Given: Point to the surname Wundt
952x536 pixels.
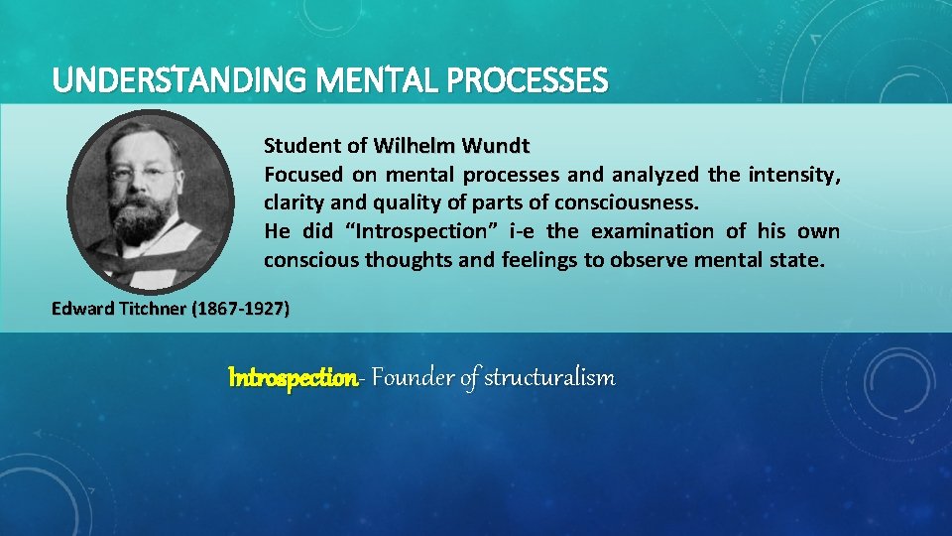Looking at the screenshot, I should coord(495,146).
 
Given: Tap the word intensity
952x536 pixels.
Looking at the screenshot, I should coord(796,175).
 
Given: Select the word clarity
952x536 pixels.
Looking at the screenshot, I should coord(292,203).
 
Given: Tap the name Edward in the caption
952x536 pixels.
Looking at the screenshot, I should coord(81,309).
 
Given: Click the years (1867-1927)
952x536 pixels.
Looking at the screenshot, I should coord(243,309).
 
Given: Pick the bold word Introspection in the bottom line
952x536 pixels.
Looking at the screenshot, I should coord(292,378).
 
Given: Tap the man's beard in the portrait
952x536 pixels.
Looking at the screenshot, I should coord(143,219).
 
